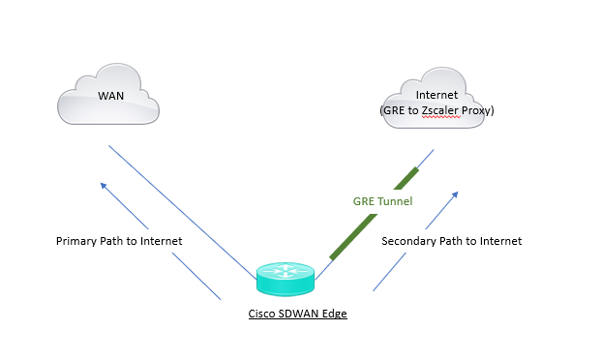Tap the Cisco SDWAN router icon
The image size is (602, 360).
286,279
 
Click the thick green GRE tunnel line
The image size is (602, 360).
376,214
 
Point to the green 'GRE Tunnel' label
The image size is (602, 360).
381,201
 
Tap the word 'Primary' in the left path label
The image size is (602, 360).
77,241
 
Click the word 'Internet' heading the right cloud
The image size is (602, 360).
436,96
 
